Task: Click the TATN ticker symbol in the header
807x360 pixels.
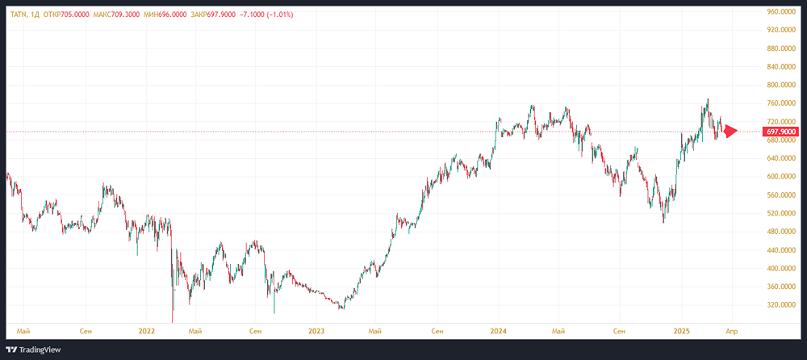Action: click(19, 14)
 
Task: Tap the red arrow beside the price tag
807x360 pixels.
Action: click(730, 131)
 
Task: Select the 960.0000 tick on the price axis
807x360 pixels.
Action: click(782, 11)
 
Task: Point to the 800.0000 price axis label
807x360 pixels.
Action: click(782, 85)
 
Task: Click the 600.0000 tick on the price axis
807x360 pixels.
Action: click(782, 177)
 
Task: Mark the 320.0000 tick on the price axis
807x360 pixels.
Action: click(782, 305)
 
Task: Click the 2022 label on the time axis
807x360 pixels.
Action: click(146, 330)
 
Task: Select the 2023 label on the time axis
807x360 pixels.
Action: click(316, 330)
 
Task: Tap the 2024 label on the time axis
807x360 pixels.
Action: click(498, 330)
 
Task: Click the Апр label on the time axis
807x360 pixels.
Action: click(731, 330)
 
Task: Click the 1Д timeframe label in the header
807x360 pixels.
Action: click(40, 14)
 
